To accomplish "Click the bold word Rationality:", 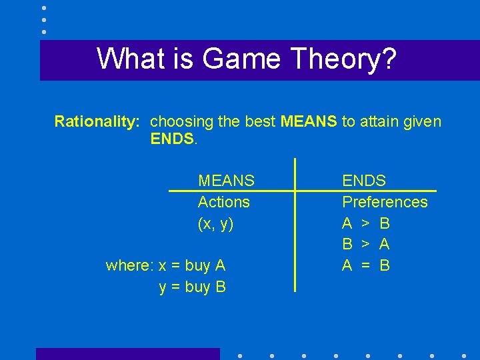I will point(97,121).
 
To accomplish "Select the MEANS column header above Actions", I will point(226,181).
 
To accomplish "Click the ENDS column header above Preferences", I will point(363,181).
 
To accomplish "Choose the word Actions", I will point(223,202).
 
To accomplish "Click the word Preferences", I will point(385,202).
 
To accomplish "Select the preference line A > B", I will point(365,223).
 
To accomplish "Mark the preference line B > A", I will point(365,245).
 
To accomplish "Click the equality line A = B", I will point(365,266).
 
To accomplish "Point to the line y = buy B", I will point(192,287).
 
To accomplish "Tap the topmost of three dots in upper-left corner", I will point(44,7).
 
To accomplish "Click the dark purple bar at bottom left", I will point(127,354).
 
